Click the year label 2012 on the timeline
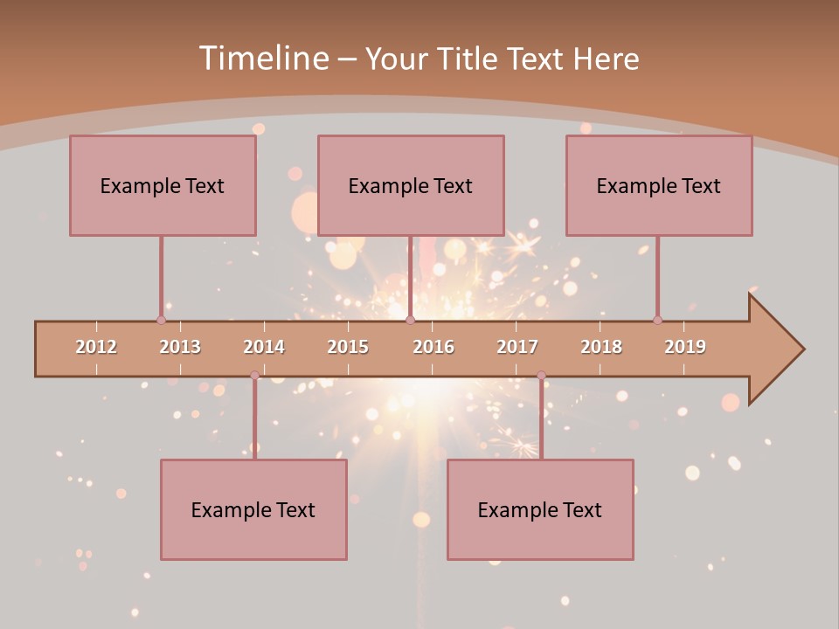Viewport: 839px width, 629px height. tap(96, 347)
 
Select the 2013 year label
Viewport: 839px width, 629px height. tap(180, 347)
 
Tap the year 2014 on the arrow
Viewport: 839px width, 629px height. tap(264, 347)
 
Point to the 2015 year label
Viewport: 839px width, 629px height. tap(348, 347)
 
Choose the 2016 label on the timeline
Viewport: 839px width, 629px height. tap(433, 347)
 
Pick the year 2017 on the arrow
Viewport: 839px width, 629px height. tap(517, 347)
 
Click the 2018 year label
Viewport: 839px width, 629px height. tap(601, 347)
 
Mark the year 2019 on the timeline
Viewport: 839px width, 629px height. tap(685, 347)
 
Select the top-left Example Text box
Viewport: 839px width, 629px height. tap(163, 185)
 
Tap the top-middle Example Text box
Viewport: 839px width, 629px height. tap(411, 185)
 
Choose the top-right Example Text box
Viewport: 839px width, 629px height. tap(659, 185)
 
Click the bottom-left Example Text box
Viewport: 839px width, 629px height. tap(253, 509)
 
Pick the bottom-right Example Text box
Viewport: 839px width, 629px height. tap(540, 509)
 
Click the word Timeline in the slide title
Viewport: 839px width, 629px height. tap(262, 59)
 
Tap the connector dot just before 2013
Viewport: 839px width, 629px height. tap(161, 320)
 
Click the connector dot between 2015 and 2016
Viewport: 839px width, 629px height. tap(410, 320)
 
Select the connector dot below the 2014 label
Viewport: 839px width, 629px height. tap(254, 376)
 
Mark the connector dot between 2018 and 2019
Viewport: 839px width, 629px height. tap(657, 320)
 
